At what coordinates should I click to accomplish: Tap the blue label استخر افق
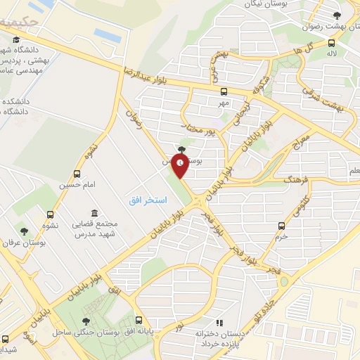click(148, 200)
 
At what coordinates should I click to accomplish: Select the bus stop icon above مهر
click(224, 91)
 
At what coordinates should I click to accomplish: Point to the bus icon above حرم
click(282, 226)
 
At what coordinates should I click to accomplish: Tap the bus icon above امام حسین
click(77, 174)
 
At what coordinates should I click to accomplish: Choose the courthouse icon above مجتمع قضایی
click(94, 213)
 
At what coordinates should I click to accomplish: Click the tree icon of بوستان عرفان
click(25, 231)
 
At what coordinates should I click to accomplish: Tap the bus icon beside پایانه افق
click(138, 319)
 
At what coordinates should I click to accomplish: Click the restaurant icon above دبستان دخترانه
click(218, 321)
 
